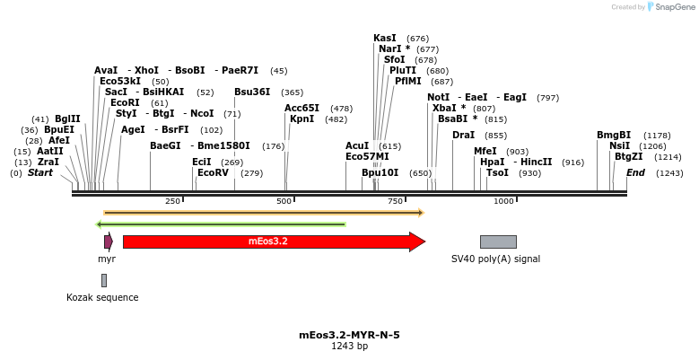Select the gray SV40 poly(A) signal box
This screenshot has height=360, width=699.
[x=498, y=241]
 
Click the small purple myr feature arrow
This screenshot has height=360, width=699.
[x=109, y=241]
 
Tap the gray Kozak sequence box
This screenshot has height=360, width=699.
[x=104, y=280]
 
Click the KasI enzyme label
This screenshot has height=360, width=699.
[x=385, y=39]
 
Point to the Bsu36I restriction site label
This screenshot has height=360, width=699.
[x=252, y=92]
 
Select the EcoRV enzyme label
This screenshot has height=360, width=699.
[x=217, y=172]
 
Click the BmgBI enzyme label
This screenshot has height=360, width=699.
[x=614, y=136]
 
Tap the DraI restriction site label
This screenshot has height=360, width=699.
[x=463, y=136]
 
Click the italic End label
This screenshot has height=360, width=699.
[x=635, y=172]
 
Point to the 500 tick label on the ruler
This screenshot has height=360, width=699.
[x=284, y=201]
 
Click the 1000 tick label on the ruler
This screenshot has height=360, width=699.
[x=502, y=201]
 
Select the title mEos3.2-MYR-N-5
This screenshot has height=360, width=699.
[x=349, y=335]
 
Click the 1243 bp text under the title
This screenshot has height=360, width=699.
[x=349, y=346]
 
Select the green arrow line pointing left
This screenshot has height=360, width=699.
[x=220, y=224]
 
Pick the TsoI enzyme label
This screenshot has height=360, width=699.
[x=497, y=172]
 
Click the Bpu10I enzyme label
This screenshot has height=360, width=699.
[x=380, y=172]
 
